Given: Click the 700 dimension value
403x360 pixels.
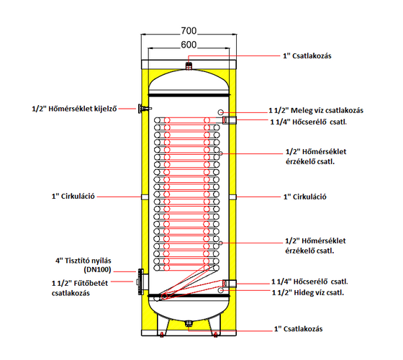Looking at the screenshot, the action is pyautogui.click(x=189, y=31).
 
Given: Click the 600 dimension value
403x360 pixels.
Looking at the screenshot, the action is pyautogui.click(x=189, y=45).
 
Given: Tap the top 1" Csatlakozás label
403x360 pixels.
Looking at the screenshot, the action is pyautogui.click(x=307, y=56).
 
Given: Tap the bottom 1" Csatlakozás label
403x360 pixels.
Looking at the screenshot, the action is pyautogui.click(x=298, y=329).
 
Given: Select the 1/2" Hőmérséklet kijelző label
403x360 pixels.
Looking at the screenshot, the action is pyautogui.click(x=74, y=109).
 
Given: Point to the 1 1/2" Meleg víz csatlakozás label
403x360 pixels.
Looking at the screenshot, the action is pyautogui.click(x=316, y=111).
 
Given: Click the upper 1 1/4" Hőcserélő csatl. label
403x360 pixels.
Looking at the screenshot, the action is pyautogui.click(x=309, y=122).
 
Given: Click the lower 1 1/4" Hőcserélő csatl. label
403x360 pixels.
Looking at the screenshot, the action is pyautogui.click(x=309, y=282).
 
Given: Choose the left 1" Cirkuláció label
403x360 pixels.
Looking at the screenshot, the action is pyautogui.click(x=73, y=197).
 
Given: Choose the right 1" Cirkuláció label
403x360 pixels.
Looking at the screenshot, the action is pyautogui.click(x=305, y=197).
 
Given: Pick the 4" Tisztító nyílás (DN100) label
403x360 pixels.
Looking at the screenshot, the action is pyautogui.click(x=83, y=265).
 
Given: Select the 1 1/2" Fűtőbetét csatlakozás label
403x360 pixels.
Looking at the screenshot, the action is pyautogui.click(x=80, y=288).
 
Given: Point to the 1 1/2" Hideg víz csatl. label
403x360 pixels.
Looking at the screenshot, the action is pyautogui.click(x=308, y=292).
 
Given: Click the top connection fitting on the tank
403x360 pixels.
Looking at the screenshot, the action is pyautogui.click(x=189, y=66).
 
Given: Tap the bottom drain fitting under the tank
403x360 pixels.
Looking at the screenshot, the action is pyautogui.click(x=189, y=323).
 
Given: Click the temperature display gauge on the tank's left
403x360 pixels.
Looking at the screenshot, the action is pyautogui.click(x=142, y=109).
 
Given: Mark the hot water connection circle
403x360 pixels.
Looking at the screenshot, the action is pyautogui.click(x=220, y=112).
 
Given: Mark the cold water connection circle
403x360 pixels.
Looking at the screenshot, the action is pyautogui.click(x=220, y=290).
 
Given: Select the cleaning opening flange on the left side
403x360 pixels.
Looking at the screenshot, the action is pyautogui.click(x=141, y=282).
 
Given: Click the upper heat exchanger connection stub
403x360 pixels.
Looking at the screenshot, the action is pyautogui.click(x=230, y=120).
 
